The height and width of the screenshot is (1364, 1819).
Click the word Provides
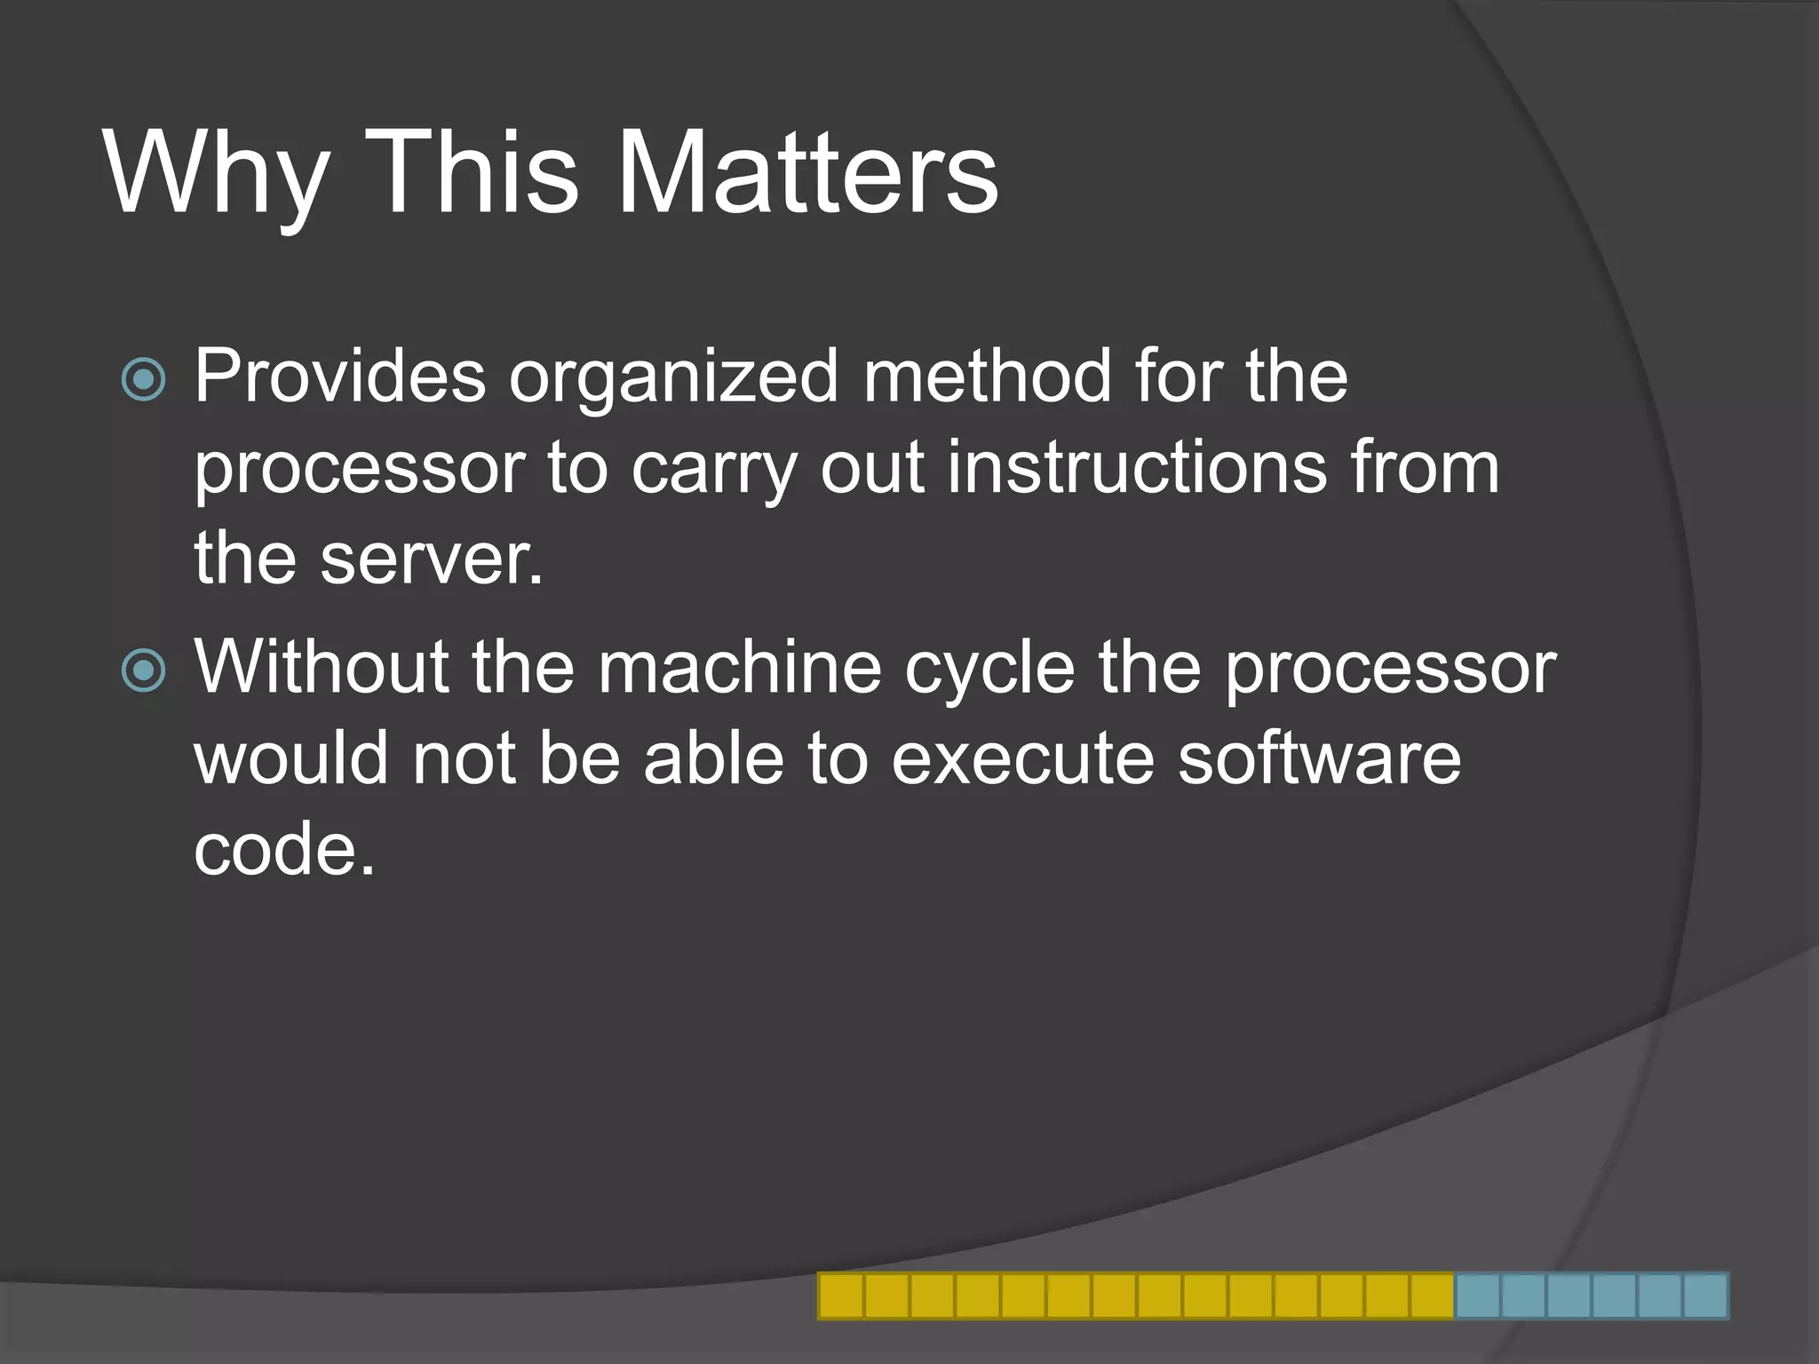tap(340, 377)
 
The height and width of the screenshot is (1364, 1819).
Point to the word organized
tap(673, 378)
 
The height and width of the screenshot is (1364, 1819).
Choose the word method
tap(987, 377)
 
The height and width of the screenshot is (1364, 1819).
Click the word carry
tap(713, 471)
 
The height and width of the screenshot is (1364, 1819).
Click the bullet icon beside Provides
tap(143, 380)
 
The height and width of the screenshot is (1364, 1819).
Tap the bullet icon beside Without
tap(143, 670)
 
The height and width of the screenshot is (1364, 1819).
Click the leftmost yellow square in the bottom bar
tap(840, 1296)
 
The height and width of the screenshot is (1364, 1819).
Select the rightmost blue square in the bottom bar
tap(1705, 1296)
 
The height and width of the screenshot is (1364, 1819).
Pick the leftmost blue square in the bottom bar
tap(1478, 1296)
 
